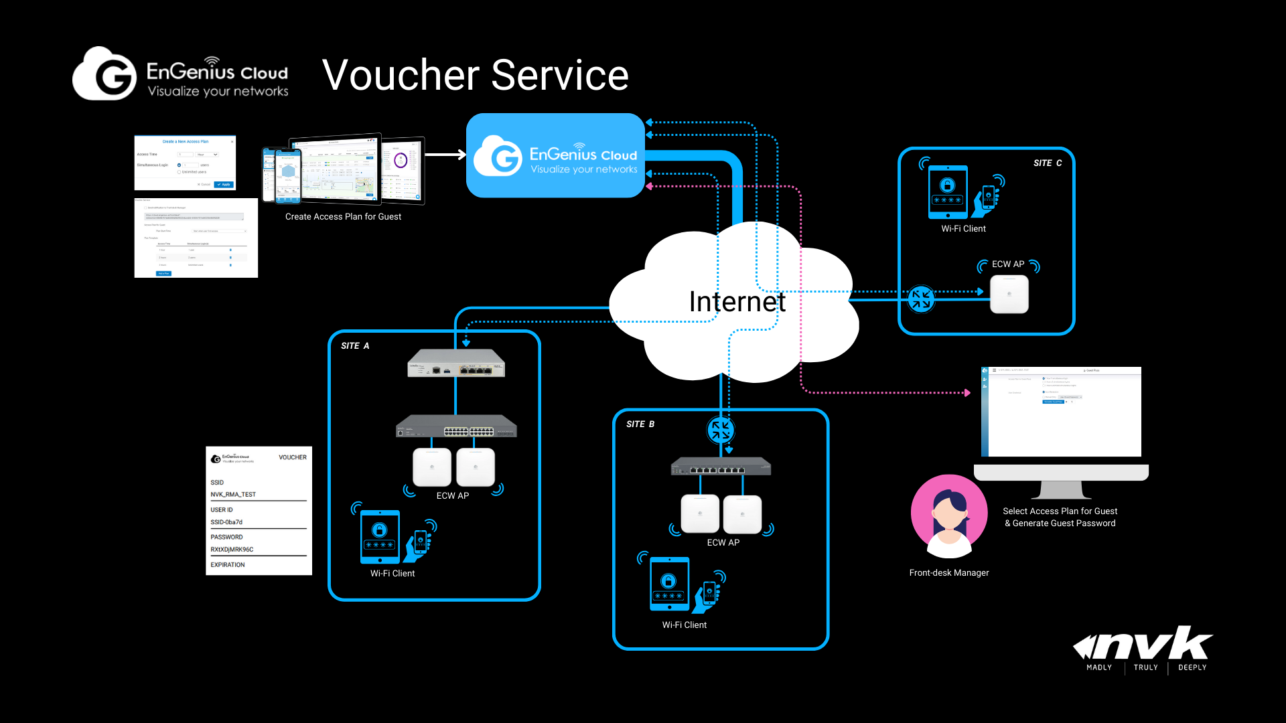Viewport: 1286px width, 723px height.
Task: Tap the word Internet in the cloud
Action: (x=737, y=302)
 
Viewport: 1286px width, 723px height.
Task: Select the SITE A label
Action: (x=355, y=346)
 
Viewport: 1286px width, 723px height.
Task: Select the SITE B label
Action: (x=640, y=424)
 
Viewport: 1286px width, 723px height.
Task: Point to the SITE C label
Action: (x=1048, y=163)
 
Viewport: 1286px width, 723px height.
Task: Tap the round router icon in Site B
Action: (x=721, y=430)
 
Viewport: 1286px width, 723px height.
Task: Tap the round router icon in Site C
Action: (x=921, y=299)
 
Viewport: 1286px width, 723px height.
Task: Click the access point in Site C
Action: (x=1009, y=295)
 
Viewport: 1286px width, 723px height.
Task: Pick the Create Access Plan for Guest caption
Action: (x=343, y=217)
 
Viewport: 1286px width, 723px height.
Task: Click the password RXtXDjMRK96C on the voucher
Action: (x=232, y=550)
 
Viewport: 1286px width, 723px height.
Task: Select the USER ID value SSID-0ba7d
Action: (x=226, y=522)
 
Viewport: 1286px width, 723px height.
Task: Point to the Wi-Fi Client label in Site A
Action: (x=392, y=574)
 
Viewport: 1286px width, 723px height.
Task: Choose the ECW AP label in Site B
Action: (x=723, y=543)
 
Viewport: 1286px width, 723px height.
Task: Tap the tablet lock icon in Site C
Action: (x=947, y=185)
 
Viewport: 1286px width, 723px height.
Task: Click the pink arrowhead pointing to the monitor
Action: (x=967, y=393)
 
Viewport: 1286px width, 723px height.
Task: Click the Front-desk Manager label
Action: (x=949, y=573)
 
